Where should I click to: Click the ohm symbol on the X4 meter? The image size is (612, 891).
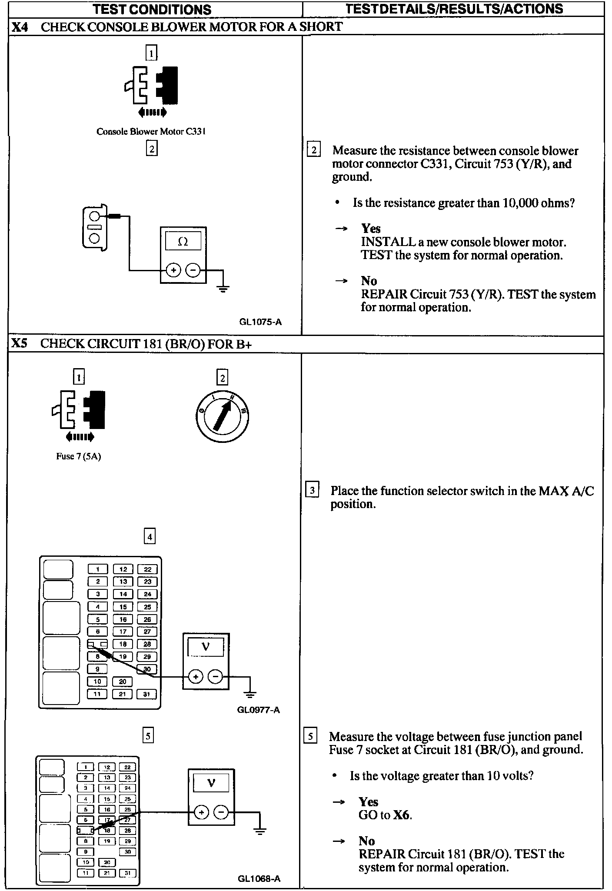pyautogui.click(x=183, y=242)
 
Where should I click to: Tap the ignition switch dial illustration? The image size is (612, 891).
pyautogui.click(x=222, y=416)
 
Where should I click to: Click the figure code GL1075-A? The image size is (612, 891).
pyautogui.click(x=260, y=322)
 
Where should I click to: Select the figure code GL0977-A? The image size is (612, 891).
pyautogui.click(x=259, y=710)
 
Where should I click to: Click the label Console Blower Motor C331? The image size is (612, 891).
pyautogui.click(x=151, y=131)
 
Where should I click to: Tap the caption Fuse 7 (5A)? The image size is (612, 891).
pyautogui.click(x=79, y=456)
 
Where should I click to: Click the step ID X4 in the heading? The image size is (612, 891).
pyautogui.click(x=20, y=27)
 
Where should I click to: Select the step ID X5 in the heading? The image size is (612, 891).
pyautogui.click(x=20, y=344)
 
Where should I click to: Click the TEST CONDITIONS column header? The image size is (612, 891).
pyautogui.click(x=152, y=9)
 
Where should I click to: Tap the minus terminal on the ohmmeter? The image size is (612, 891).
pyautogui.click(x=193, y=270)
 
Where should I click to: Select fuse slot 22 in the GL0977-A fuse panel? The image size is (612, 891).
pyautogui.click(x=147, y=569)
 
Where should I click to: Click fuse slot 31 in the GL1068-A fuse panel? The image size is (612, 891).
pyautogui.click(x=128, y=873)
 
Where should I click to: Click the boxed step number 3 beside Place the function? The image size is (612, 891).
pyautogui.click(x=312, y=491)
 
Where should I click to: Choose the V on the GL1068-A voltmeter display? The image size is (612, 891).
pyautogui.click(x=211, y=783)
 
